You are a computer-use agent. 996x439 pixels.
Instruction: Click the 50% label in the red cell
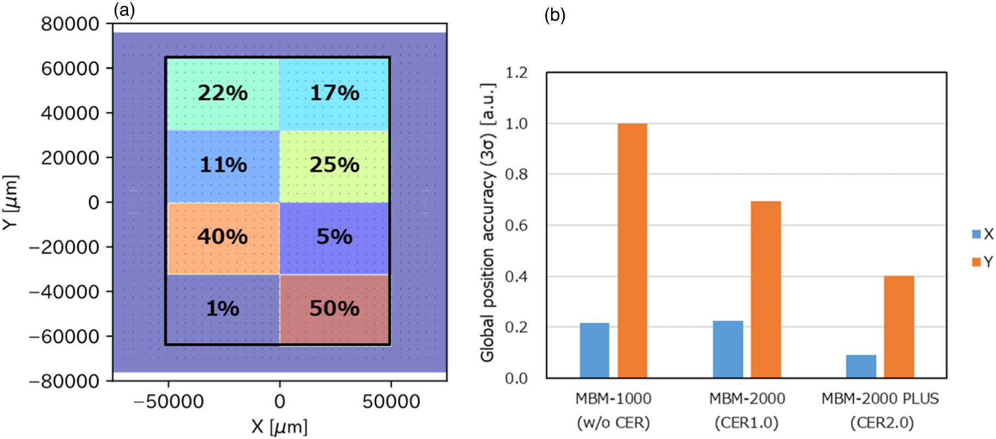coord(334,309)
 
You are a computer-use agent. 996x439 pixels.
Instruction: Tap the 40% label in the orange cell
coord(223,237)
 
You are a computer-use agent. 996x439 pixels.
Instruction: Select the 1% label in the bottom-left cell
coord(223,309)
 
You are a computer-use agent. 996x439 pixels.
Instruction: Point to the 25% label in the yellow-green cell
coord(334,165)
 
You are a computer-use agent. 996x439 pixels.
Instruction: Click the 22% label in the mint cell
coord(223,93)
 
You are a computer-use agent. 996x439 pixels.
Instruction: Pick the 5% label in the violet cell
coord(334,237)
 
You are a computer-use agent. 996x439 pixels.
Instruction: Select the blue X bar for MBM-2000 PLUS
coord(861,366)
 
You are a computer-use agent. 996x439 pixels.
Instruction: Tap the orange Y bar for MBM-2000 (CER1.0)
coord(766,290)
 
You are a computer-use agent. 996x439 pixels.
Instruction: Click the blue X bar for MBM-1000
coord(594,350)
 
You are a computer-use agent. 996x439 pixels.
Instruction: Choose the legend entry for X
coord(982,234)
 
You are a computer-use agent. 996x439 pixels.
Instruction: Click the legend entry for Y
coord(982,262)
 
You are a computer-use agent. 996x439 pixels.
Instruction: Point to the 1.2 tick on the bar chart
coord(516,73)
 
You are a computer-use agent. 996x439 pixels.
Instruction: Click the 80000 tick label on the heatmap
coord(70,24)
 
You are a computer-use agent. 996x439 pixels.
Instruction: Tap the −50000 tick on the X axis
coord(168,402)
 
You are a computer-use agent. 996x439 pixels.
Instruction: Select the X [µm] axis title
coord(279,426)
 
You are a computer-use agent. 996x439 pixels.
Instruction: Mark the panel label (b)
coord(554,15)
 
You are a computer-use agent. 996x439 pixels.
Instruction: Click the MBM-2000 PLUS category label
coord(880,398)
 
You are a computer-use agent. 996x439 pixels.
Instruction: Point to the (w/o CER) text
coord(613,423)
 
